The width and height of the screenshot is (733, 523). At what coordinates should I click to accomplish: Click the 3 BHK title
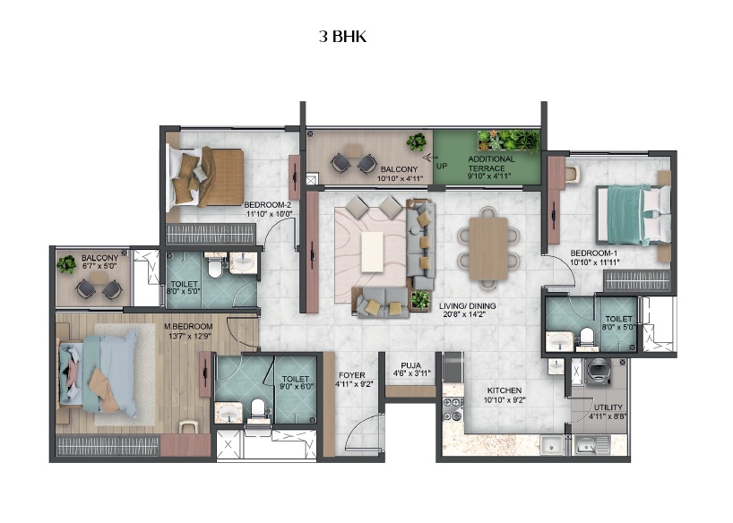coord(342,37)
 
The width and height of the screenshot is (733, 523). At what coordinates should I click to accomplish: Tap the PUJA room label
coord(411,365)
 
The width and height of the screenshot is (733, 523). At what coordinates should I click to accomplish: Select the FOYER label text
coord(352,375)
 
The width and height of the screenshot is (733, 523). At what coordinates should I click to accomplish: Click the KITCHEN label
coord(504,390)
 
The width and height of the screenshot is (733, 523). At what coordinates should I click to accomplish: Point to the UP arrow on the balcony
coord(430,158)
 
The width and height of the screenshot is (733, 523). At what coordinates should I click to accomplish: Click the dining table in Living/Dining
coord(488,249)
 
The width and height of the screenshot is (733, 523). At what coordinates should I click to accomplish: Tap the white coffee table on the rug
coord(373,252)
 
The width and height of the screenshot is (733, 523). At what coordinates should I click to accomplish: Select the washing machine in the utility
coord(599,372)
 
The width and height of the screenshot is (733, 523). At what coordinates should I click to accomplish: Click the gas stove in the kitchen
coord(453,409)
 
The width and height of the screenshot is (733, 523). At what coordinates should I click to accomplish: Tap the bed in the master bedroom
coord(99,372)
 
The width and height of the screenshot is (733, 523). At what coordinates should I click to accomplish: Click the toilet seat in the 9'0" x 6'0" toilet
coord(258,408)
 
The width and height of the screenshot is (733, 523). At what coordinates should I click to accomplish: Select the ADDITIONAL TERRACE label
coord(491,163)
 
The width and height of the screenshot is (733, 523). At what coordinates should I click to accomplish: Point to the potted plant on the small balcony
coord(66,264)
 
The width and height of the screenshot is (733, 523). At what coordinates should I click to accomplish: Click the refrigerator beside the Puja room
coord(453,367)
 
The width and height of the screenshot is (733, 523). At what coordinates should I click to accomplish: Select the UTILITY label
coord(608,407)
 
